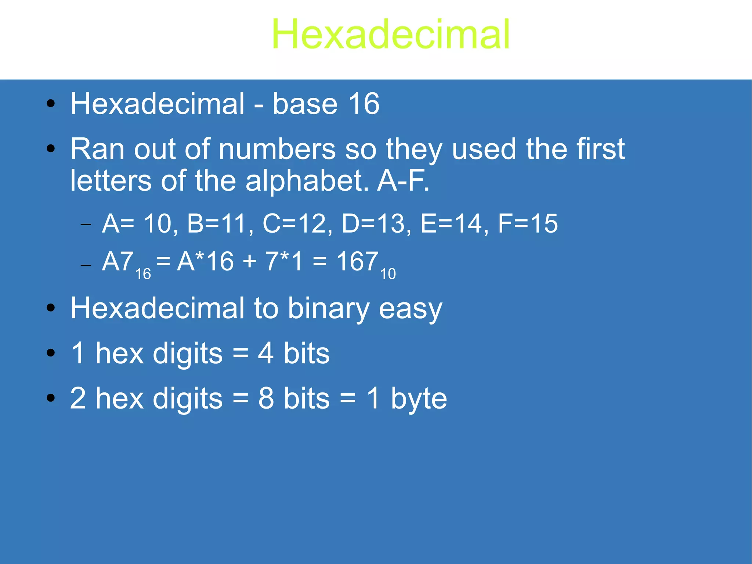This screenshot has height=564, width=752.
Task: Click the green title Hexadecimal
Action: pos(391,35)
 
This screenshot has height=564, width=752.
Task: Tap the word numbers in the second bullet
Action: pos(277,149)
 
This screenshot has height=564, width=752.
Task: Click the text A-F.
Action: pos(403,181)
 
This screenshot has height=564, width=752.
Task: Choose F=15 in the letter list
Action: pos(528,224)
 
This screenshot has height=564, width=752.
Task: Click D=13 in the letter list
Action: pos(372,224)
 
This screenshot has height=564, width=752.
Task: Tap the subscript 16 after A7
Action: pos(143,274)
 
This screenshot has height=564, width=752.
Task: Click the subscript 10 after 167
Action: pos(388,274)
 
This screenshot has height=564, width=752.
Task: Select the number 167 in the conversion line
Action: pos(357,262)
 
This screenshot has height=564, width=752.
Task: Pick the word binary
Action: pos(328,309)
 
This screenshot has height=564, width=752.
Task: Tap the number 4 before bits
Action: pos(265,353)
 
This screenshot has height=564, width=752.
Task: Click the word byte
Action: pos(419,399)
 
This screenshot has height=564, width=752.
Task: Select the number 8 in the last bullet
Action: pos(266,399)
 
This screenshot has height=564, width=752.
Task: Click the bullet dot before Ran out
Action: pos(51,149)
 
